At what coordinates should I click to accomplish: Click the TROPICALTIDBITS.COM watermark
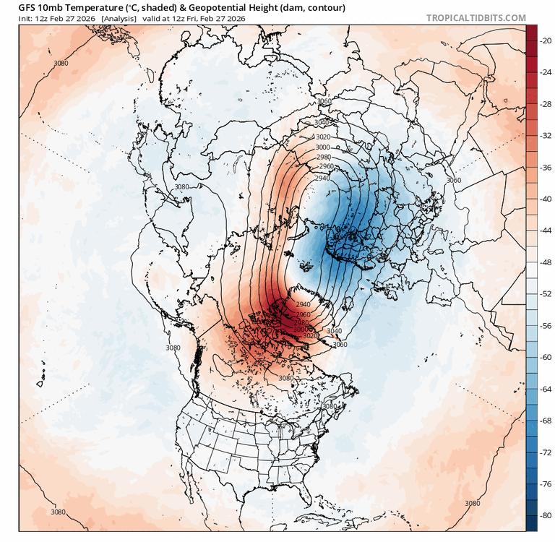coord(476,17)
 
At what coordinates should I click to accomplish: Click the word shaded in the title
coord(155,7)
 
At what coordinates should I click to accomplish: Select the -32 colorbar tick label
coord(546,135)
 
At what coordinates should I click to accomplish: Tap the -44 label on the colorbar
coord(546,230)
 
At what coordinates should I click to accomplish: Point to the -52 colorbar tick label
coord(546,293)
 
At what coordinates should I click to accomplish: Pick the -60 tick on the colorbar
coord(546,357)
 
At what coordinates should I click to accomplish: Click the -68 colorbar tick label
coord(546,420)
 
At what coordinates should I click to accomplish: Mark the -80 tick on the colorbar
coord(546,515)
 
